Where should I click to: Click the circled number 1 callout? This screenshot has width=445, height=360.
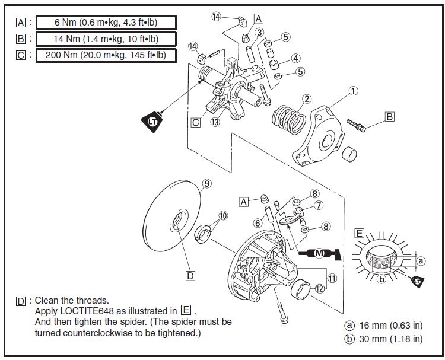pyautogui.click(x=353, y=91)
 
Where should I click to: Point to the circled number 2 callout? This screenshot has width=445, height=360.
pyautogui.click(x=307, y=98)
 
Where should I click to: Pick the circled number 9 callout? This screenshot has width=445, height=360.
pyautogui.click(x=207, y=183)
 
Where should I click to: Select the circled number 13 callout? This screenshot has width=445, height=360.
pyautogui.click(x=214, y=123)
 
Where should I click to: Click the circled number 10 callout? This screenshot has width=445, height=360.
pyautogui.click(x=223, y=216)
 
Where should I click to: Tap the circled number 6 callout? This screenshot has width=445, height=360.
pyautogui.click(x=258, y=223)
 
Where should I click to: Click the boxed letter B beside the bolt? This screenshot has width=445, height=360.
pyautogui.click(x=389, y=117)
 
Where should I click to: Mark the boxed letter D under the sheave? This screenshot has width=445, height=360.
pyautogui.click(x=190, y=276)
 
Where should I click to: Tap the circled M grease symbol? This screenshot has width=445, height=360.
pyautogui.click(x=319, y=254)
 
